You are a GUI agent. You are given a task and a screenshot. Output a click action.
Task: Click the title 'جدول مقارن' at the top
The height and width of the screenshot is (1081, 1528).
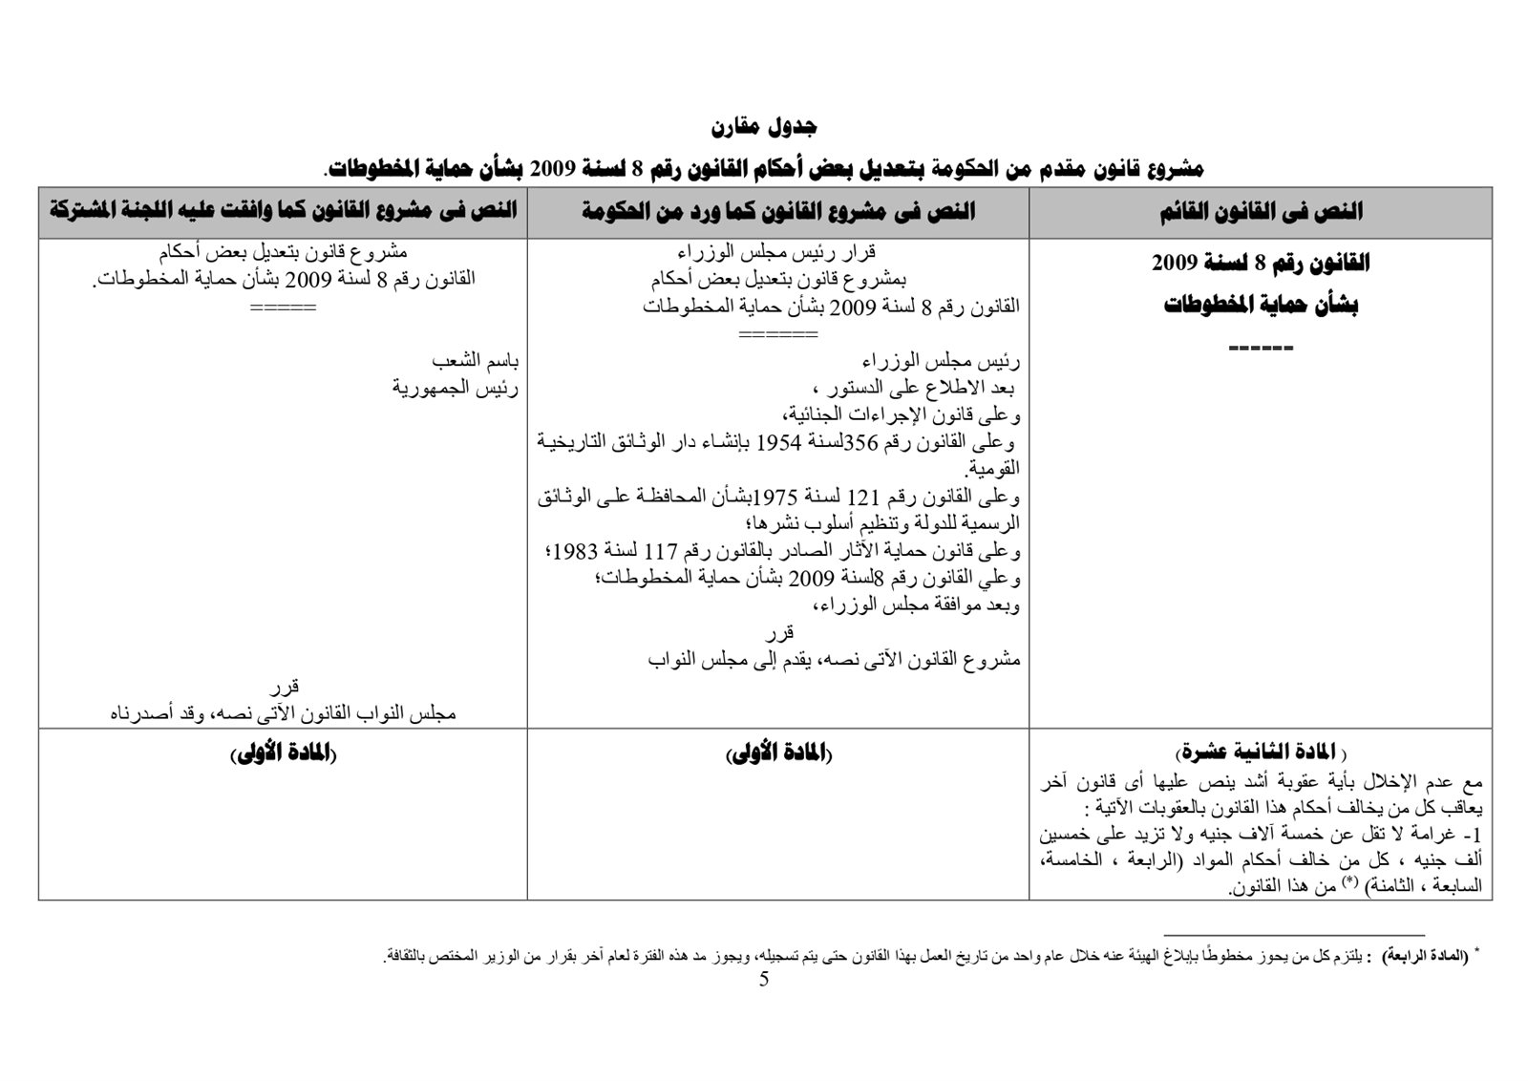click(764, 127)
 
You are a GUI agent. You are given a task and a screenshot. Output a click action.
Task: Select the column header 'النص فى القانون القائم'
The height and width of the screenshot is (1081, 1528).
click(1260, 212)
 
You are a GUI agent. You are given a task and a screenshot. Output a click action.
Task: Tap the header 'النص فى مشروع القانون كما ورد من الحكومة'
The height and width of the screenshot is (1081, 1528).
click(778, 212)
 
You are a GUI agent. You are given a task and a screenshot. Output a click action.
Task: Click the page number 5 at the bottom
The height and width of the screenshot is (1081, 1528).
click(764, 980)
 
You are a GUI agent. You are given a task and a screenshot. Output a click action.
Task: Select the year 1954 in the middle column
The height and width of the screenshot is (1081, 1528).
click(780, 443)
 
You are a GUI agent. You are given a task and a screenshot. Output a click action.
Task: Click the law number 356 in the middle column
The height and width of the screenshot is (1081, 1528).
click(861, 443)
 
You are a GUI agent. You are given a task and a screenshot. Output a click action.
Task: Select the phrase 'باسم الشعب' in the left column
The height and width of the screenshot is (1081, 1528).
click(476, 362)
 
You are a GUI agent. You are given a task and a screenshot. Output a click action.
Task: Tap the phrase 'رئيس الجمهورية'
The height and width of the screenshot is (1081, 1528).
click(456, 389)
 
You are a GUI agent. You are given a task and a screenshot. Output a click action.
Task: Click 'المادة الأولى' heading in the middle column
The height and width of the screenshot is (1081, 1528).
click(778, 753)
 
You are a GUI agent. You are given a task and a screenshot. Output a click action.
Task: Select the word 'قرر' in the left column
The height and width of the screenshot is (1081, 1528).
click(284, 687)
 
